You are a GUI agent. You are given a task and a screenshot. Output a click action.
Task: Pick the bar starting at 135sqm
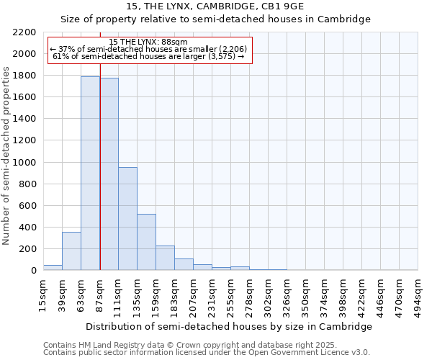point(146,242)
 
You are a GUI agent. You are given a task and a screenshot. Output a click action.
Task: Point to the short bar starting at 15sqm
point(53,267)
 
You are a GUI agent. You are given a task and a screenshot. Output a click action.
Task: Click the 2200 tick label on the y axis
point(24,32)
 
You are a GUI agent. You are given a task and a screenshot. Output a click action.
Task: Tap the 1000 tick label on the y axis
point(24,163)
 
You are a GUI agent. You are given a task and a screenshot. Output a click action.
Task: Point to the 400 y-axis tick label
point(27,228)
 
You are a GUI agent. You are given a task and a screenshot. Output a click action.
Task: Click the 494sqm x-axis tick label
point(418,294)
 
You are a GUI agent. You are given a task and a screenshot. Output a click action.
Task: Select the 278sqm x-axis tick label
point(249,294)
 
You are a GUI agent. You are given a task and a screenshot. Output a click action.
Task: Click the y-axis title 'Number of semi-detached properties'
point(6,156)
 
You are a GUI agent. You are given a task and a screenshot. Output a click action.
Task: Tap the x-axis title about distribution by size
point(230,326)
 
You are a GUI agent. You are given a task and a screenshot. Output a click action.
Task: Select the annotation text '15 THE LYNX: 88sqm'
point(150,42)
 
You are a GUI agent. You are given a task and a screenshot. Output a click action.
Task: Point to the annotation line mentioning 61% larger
point(150,56)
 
